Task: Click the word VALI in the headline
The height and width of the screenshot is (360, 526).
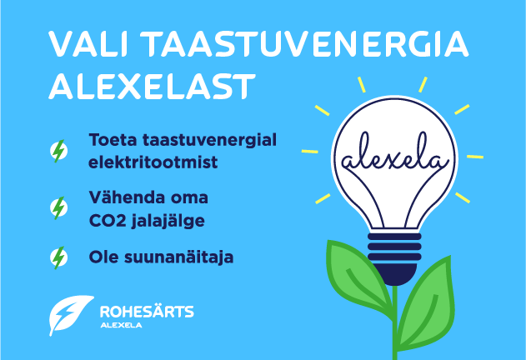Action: coord(88,44)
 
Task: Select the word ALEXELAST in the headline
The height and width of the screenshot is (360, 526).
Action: coord(152,87)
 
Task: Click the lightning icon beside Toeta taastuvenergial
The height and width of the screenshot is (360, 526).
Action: coord(58,151)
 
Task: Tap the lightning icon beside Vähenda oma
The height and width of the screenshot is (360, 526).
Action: coord(58,208)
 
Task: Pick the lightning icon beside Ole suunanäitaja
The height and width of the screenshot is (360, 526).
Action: coord(58,257)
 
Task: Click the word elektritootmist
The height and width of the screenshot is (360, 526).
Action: coord(153,162)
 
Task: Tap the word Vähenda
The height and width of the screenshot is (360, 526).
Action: coord(128,197)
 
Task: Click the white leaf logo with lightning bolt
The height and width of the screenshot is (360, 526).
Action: coord(71,315)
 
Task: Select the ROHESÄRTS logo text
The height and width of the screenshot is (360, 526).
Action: coord(147,312)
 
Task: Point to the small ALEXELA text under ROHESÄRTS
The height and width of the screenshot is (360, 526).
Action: coord(121,325)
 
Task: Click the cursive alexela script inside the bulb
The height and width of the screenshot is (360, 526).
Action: coord(394,154)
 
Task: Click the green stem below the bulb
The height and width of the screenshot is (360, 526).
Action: coord(395,322)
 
